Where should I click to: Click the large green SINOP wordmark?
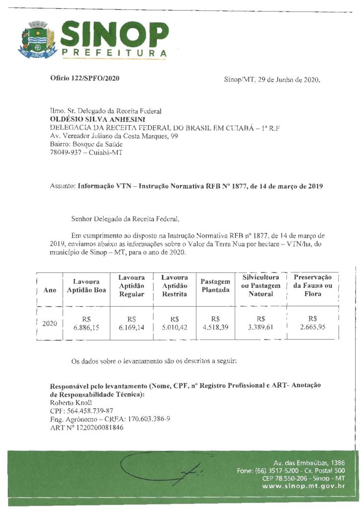pyautogui.click(x=114, y=33)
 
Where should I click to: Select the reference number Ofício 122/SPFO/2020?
pyautogui.click(x=85, y=79)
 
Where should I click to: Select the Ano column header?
pyautogui.click(x=50, y=290)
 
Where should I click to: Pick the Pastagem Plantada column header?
pyautogui.click(x=215, y=286)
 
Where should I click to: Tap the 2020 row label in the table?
pyautogui.click(x=50, y=324)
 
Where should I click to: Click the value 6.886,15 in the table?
pyautogui.click(x=87, y=328)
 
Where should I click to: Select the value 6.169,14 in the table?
pyautogui.click(x=131, y=328)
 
